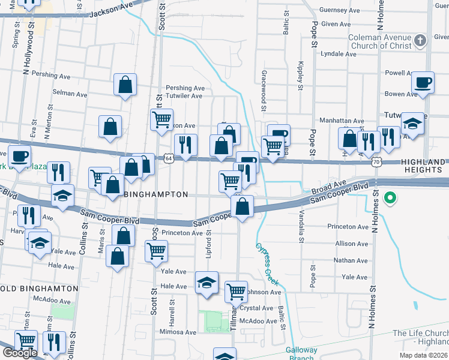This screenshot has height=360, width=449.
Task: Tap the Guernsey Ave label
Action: coord(340,10)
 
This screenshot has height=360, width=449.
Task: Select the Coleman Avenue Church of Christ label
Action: coord(381,41)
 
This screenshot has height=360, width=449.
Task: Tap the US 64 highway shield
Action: coord(169,158)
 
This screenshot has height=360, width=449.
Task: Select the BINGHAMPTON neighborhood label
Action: coord(155,195)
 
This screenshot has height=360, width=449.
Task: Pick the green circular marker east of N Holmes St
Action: coord(390,197)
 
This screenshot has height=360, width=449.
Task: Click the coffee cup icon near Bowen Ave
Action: coord(424,82)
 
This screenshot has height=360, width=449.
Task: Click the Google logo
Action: coord(20,353)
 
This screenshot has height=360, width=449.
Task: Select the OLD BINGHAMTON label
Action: coord(40,288)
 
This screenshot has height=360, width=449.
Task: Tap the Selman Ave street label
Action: coord(70,94)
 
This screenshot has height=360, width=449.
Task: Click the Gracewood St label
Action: coord(264,91)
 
